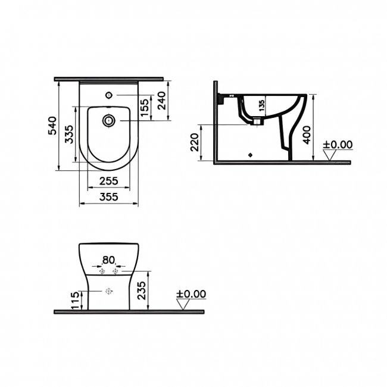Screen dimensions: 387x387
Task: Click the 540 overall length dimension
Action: click(52, 126)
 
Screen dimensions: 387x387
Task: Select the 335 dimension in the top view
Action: click(68, 135)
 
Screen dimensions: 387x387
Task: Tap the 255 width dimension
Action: click(108, 181)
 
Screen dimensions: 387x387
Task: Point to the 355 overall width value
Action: click(108, 196)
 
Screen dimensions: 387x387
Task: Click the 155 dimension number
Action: click(145, 108)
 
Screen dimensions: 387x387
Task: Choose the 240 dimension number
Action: click(161, 102)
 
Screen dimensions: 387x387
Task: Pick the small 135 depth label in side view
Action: click(260, 106)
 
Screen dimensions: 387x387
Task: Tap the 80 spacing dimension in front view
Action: click(108, 260)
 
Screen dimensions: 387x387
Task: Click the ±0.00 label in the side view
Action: click(338, 145)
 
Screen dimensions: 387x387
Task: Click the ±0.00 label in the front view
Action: click(191, 294)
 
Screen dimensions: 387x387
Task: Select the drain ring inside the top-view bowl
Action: click(108, 121)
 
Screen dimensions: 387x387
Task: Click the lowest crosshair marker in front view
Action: click(108, 292)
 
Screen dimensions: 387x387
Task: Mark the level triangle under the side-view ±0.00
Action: click(330, 155)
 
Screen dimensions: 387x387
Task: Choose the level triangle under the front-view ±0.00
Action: click(183, 304)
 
